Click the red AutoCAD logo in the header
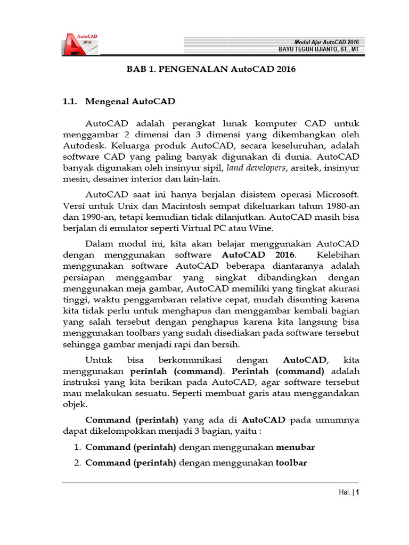click(x=80, y=44)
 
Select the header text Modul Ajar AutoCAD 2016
click(x=326, y=42)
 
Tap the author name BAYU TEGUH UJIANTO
click(x=318, y=49)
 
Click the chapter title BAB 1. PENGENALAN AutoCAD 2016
click(x=210, y=69)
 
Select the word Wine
click(x=261, y=229)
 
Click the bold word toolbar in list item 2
click(x=291, y=463)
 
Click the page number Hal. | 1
click(x=349, y=492)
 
